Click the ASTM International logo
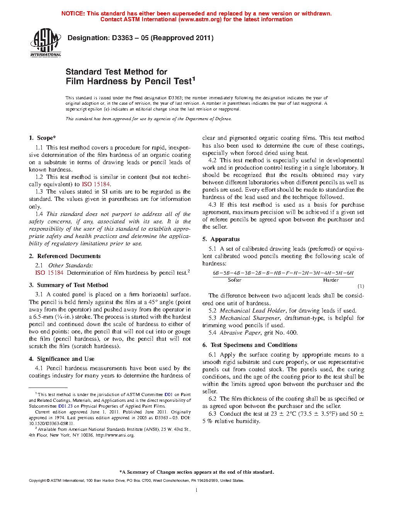point(46,43)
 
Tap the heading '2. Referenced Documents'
point(65,256)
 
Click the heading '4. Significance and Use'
point(62,359)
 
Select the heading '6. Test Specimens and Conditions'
point(250,345)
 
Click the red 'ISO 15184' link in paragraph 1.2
point(96,184)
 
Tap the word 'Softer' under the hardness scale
point(234,280)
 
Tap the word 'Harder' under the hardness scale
point(331,280)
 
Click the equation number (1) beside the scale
point(360,286)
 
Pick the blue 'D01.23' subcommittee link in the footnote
point(65,406)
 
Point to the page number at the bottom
point(197,490)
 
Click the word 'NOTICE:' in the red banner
point(73,14)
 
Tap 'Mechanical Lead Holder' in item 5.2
point(253,311)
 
